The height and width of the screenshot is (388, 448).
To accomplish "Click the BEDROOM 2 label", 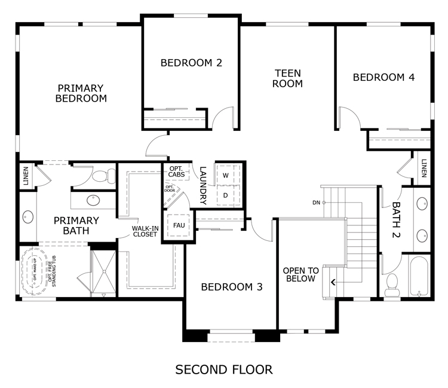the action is click(x=191, y=63).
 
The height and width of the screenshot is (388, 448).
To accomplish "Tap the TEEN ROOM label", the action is click(x=287, y=79).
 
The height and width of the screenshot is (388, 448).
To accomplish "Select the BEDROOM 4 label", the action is click(x=383, y=77).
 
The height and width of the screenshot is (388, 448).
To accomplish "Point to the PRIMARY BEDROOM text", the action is click(x=81, y=93).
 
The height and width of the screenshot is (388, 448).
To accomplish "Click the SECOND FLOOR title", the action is click(x=224, y=369).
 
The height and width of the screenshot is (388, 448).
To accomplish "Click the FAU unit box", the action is click(x=179, y=225).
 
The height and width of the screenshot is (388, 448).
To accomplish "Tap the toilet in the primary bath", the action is click(x=103, y=176).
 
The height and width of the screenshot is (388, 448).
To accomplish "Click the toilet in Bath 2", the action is click(x=391, y=285).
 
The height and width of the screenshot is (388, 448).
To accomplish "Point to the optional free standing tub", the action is click(x=35, y=271).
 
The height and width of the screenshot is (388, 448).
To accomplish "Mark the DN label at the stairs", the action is click(x=316, y=203).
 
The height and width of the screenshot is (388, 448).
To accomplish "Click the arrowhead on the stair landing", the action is click(x=333, y=282).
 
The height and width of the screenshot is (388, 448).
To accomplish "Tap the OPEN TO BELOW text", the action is click(x=301, y=274).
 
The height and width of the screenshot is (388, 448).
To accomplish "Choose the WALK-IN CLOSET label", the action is click(x=145, y=231).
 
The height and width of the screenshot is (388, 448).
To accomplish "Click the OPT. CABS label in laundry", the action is click(x=176, y=172).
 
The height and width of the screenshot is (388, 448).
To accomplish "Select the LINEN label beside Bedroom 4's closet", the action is click(x=424, y=168).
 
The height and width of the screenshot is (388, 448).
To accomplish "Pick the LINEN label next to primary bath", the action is click(x=26, y=176).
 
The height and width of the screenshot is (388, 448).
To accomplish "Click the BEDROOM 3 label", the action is click(x=232, y=287).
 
